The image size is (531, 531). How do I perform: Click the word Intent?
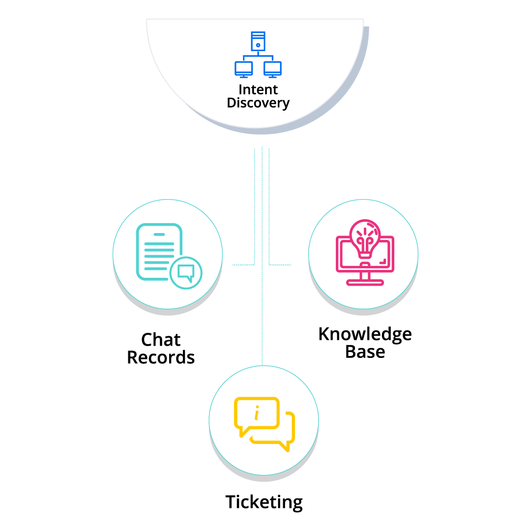(x=258, y=90)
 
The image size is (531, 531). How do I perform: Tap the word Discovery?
(x=258, y=103)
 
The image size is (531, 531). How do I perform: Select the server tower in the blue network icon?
(x=258, y=41)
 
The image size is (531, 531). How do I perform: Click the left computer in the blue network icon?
(x=244, y=69)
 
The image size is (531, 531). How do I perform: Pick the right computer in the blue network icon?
(x=272, y=69)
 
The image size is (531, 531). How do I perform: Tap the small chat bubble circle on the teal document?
(x=186, y=273)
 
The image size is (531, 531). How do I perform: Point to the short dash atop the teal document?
(x=159, y=235)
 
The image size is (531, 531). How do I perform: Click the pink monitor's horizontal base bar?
(x=365, y=283)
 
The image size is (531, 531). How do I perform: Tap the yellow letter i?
(x=256, y=414)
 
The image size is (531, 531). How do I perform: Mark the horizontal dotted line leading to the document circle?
(x=243, y=265)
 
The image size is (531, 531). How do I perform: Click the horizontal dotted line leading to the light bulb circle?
(x=280, y=265)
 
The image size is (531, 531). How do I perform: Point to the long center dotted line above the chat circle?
(x=262, y=305)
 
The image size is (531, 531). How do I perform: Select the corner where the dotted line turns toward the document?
(x=255, y=265)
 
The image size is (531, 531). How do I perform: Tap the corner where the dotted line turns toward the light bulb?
(x=269, y=265)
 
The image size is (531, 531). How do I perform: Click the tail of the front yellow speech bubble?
(x=242, y=433)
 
